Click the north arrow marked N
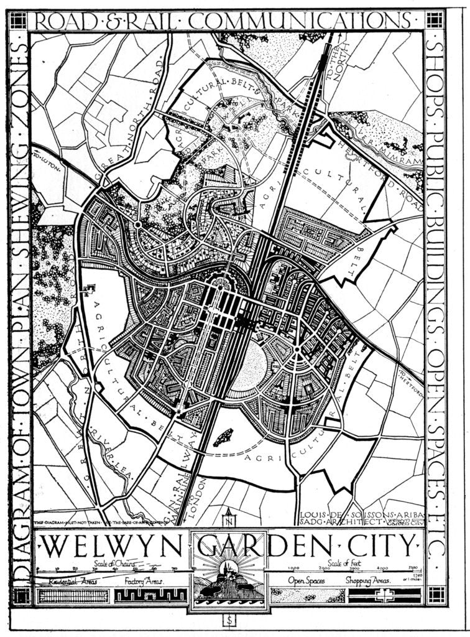coord(229,516)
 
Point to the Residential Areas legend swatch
coord(73,595)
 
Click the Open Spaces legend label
coord(308,582)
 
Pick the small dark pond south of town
coord(223,437)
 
